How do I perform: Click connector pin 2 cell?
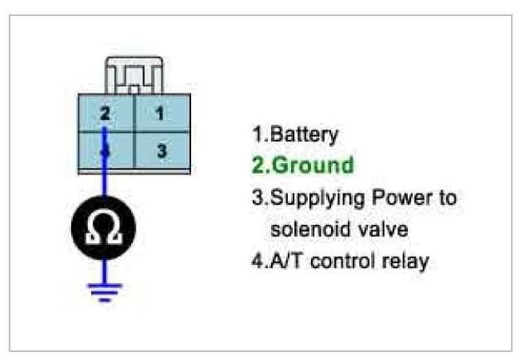click(105, 114)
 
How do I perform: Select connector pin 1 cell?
click(161, 114)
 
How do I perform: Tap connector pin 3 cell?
click(161, 150)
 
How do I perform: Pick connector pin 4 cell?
click(105, 150)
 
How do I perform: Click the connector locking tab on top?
click(134, 77)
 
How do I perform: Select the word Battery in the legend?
click(297, 134)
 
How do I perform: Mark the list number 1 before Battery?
click(257, 134)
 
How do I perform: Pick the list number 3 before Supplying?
click(257, 198)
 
